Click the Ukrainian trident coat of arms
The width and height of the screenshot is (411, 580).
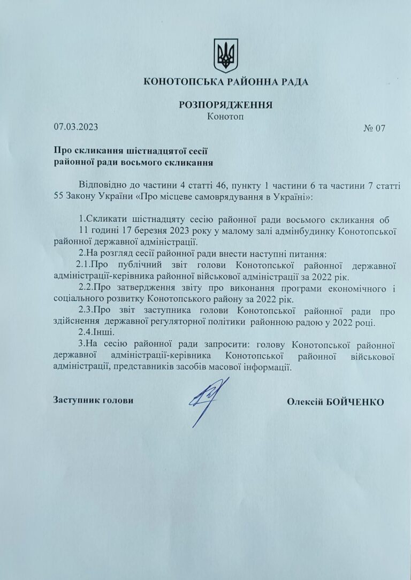[x=225, y=55]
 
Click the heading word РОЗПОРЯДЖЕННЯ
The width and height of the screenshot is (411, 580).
[x=225, y=105]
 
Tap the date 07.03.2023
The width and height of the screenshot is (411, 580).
[x=76, y=127]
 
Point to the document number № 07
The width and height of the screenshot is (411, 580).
[x=374, y=128]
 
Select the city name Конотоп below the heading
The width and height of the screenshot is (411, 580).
[x=225, y=117]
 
